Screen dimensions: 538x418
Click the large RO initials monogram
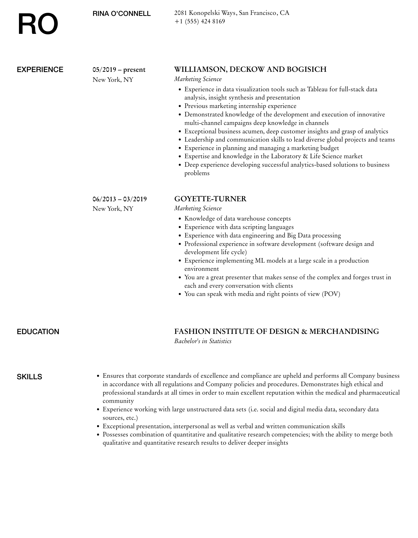point(38,24)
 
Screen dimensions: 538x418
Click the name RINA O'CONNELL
point(122,14)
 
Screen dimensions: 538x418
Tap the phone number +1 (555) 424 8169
point(200,21)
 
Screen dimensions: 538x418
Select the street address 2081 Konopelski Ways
point(205,13)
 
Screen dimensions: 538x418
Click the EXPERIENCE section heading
point(40,70)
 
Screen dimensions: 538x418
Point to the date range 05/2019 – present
point(119,70)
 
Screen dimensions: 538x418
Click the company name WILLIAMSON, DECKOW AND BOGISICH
point(250,69)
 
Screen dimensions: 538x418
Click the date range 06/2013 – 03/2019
point(120,199)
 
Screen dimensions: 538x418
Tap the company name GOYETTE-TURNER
point(210,199)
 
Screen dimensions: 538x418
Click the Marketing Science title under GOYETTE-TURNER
point(198,208)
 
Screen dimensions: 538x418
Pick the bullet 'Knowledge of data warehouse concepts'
point(237,218)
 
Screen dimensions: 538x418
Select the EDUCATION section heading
point(38,332)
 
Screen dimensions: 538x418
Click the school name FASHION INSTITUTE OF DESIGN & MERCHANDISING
point(276,332)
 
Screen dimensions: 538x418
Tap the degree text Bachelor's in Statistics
point(203,341)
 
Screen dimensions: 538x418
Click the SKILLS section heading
point(29,377)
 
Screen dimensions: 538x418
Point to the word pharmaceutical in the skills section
point(379,393)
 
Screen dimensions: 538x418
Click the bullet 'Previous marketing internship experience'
point(240,106)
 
